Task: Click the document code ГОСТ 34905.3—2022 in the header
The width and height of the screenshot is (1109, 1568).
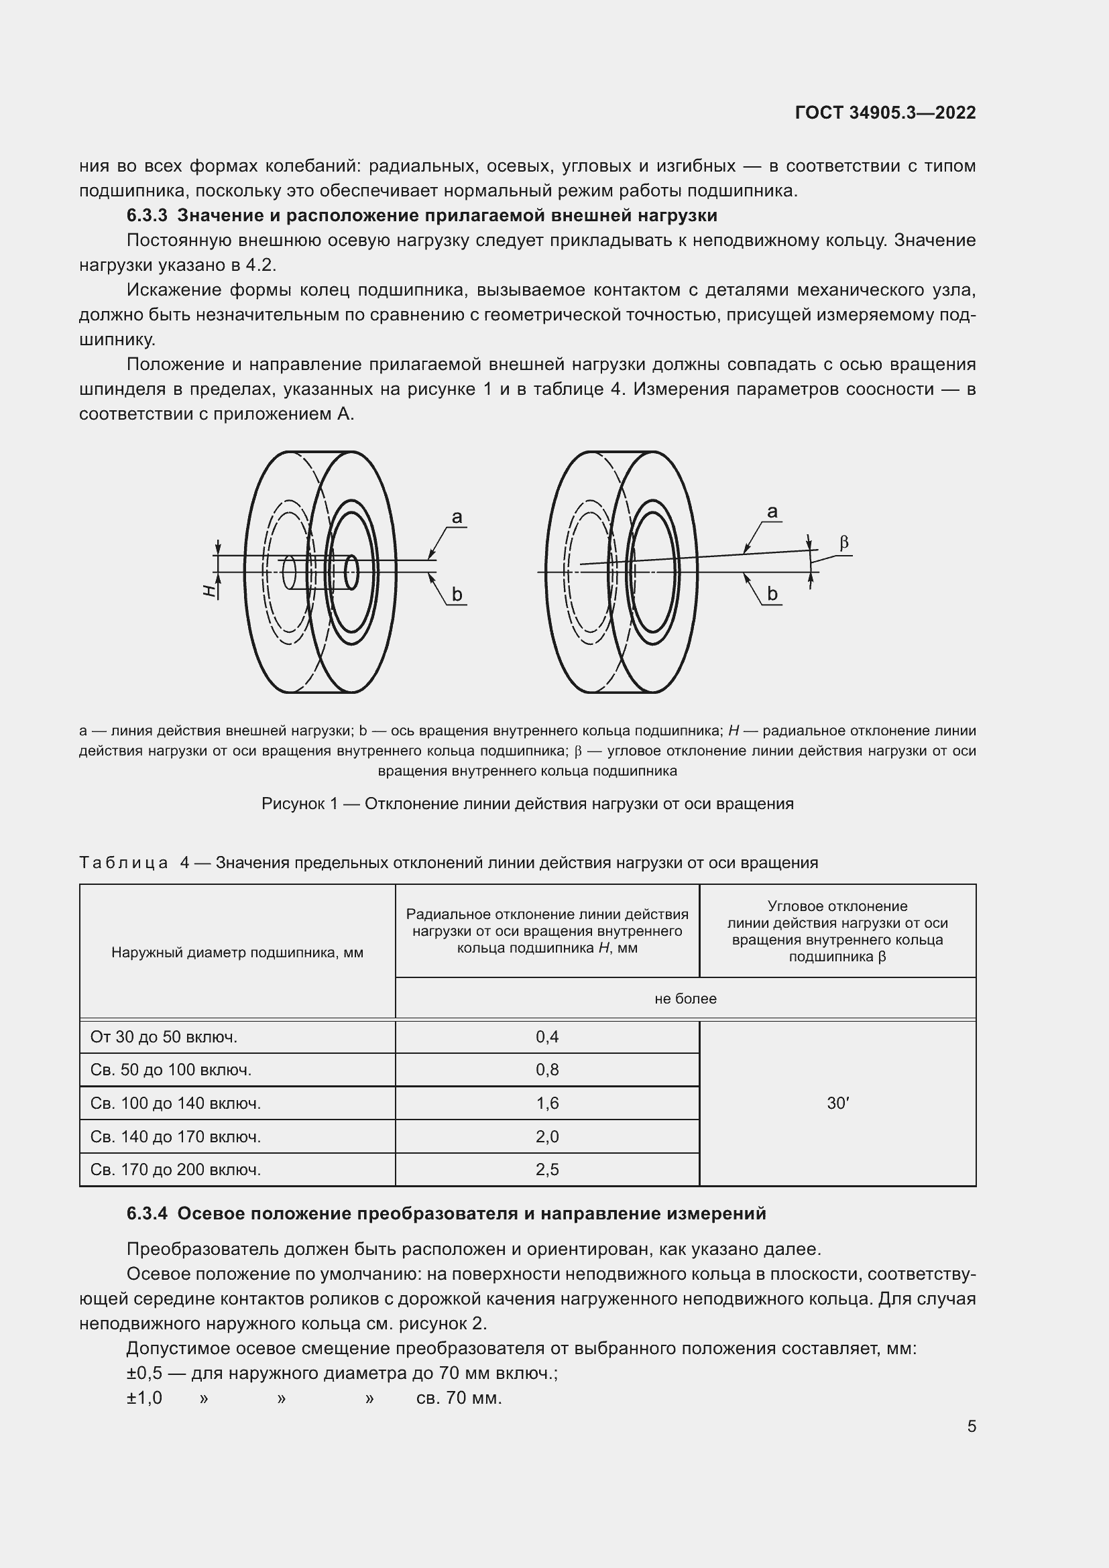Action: [885, 113]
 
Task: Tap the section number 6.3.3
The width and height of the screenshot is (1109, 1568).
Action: [147, 216]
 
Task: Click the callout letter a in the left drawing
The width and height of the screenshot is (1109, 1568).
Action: [457, 518]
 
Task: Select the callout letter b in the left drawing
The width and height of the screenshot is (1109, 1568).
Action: [457, 595]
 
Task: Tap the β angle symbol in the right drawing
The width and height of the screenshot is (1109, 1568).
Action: [844, 543]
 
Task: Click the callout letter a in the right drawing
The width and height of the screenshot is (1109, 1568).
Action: [772, 511]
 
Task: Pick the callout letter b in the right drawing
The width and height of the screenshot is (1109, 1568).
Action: [772, 594]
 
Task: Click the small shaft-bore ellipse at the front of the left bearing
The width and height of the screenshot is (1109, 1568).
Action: [352, 572]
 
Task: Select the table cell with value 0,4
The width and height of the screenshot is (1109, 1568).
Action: [547, 1036]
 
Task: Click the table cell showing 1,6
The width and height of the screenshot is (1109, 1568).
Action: [547, 1103]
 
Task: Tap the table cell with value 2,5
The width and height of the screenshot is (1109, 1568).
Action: [547, 1169]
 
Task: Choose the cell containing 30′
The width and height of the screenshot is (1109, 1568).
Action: [837, 1103]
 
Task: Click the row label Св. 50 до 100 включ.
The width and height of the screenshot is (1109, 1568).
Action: [171, 1069]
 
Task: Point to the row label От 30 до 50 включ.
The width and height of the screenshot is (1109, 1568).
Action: [164, 1036]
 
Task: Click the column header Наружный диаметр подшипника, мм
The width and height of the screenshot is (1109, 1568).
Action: [237, 953]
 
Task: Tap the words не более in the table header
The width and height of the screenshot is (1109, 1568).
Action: [685, 998]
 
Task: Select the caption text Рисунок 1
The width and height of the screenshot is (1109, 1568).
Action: [299, 804]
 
